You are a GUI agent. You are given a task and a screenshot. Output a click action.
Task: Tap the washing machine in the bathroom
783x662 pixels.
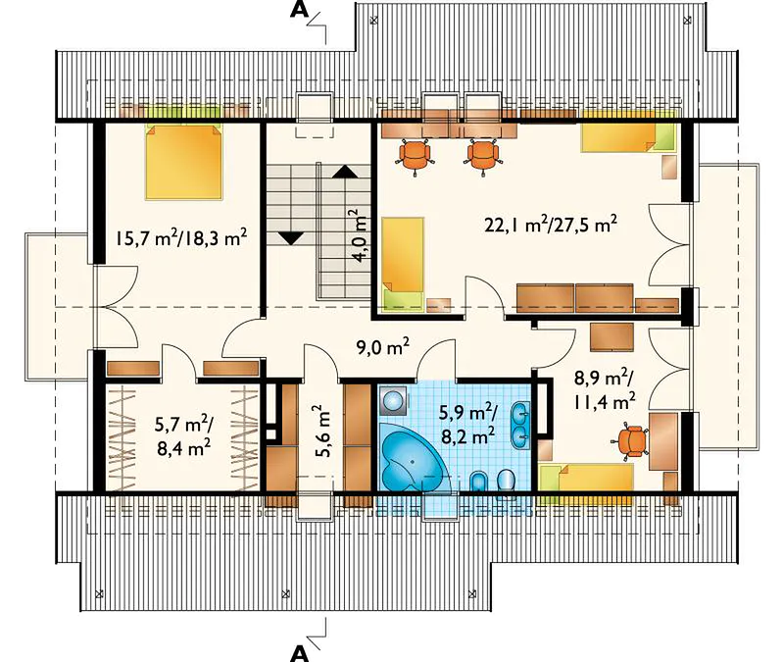394,400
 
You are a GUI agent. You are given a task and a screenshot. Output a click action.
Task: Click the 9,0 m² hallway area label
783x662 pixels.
383,346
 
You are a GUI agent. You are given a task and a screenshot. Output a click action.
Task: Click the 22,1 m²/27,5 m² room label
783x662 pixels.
551,224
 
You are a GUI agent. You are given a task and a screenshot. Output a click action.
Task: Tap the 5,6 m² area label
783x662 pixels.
323,432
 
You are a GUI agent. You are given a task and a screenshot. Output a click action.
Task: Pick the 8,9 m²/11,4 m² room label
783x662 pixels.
605,388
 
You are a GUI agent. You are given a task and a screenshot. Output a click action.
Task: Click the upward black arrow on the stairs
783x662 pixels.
345,172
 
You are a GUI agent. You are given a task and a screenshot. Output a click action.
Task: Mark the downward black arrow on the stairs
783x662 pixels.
291,237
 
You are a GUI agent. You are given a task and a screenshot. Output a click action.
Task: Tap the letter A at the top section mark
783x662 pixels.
299,10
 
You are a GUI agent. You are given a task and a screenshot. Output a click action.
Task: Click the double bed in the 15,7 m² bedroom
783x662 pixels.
183,162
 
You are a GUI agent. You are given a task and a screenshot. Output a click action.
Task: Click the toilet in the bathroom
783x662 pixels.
507,483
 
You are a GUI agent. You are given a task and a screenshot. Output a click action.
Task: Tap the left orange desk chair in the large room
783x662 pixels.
415,155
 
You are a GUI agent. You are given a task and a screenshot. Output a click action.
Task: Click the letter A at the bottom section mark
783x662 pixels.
299,652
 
